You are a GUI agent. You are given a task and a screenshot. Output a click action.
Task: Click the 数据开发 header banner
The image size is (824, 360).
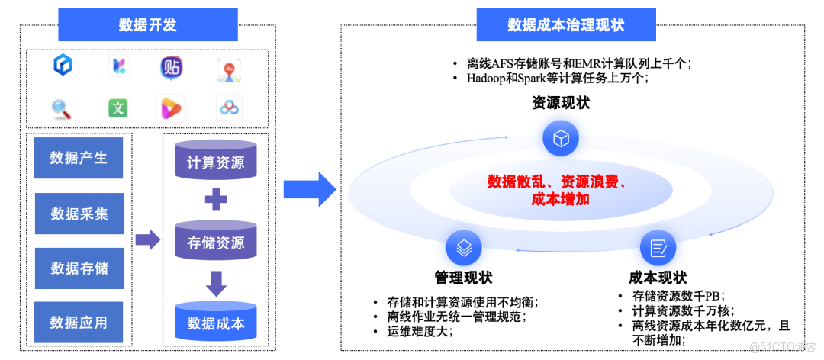click(147, 25)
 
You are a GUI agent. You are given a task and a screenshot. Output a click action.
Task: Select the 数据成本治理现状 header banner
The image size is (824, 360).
click(565, 25)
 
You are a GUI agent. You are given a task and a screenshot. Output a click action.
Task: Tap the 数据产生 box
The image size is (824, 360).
click(79, 159)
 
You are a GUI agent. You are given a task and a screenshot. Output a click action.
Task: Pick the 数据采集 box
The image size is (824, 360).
click(79, 214)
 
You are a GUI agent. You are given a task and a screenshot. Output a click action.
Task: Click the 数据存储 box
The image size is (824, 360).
click(79, 268)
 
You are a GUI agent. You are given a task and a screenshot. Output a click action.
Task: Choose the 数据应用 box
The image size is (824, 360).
click(79, 323)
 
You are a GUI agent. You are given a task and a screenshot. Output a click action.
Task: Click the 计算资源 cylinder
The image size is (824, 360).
click(216, 162)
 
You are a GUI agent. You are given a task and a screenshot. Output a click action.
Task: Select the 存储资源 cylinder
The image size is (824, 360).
click(216, 243)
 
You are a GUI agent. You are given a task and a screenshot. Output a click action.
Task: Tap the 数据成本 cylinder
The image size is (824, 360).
click(216, 323)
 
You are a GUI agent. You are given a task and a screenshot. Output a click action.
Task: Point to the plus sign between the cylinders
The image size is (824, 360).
click(216, 201)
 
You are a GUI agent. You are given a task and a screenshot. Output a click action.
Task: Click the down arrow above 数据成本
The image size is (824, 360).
click(216, 284)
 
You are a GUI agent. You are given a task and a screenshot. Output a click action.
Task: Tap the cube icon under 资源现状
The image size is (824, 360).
click(561, 139)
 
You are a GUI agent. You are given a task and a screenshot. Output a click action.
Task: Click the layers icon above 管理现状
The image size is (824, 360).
click(463, 247)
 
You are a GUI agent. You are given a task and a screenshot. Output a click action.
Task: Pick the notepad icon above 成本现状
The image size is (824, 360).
click(658, 248)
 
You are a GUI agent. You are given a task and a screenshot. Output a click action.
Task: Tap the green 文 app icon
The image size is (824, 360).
click(117, 108)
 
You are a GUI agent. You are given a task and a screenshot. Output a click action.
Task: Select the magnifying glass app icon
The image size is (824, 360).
click(61, 109)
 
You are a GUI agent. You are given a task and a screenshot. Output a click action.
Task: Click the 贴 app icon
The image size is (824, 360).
click(172, 67)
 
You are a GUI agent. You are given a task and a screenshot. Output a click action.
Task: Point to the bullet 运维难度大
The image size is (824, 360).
click(420, 332)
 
